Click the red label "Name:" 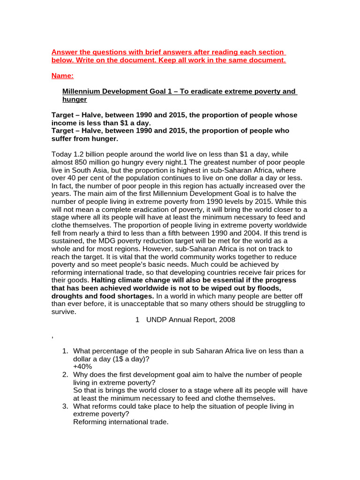[62, 75]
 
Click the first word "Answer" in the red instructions [65, 52]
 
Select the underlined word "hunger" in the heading [75, 99]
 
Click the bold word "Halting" [110, 280]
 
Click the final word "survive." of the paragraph [63, 311]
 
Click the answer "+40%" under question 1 [82, 367]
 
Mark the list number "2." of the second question [66, 375]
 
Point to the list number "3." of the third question [66, 406]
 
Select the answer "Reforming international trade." [120, 422]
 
